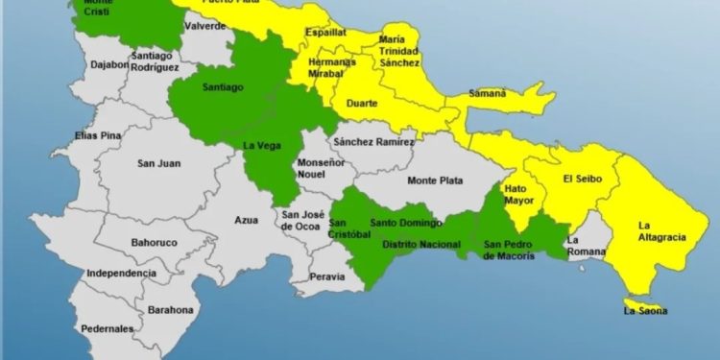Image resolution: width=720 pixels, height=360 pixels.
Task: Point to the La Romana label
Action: [x=586, y=246]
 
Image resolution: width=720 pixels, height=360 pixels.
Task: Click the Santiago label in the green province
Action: [x=223, y=86]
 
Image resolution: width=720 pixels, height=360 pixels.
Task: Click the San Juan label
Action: [x=159, y=163]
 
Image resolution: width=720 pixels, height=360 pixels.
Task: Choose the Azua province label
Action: [x=247, y=220]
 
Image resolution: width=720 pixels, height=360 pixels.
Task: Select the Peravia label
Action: [x=326, y=276]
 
